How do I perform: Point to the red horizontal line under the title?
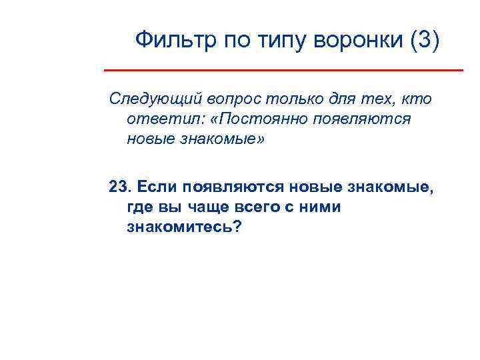click(283, 69)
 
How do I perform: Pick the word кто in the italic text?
click(417, 99)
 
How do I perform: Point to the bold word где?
click(138, 207)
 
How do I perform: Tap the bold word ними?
click(319, 207)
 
